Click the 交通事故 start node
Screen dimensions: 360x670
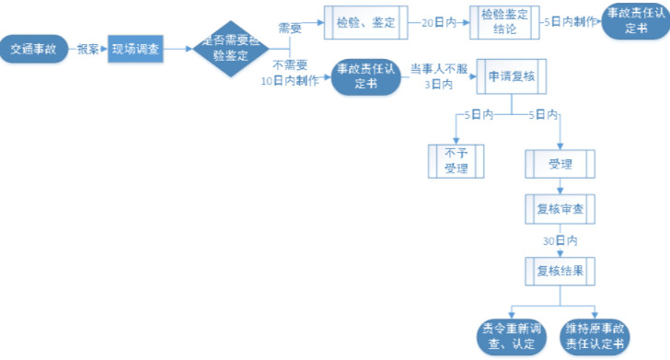click(x=35, y=49)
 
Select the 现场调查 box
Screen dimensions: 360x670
click(x=135, y=49)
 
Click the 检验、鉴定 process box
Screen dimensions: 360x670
click(x=366, y=23)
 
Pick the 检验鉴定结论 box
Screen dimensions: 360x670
click(x=505, y=23)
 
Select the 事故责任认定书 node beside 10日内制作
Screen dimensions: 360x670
click(x=364, y=76)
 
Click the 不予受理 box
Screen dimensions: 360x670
click(x=456, y=161)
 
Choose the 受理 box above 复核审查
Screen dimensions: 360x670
click(x=560, y=165)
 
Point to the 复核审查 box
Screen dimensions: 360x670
click(x=560, y=210)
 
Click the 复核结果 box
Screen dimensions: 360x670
click(x=560, y=271)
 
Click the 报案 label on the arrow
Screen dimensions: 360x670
click(x=88, y=49)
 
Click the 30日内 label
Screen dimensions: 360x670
click(x=560, y=241)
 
